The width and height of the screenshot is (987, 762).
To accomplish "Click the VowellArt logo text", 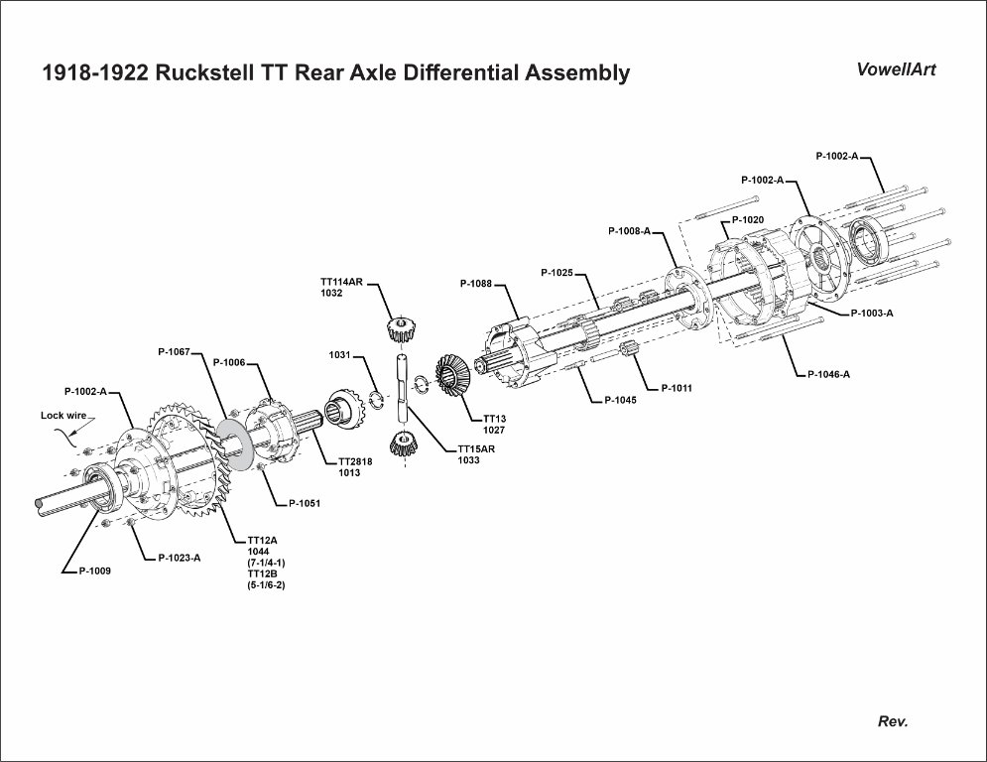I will click(896, 69).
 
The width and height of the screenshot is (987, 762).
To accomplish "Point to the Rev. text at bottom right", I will click(893, 721).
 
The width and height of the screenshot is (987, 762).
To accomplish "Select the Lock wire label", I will click(63, 416).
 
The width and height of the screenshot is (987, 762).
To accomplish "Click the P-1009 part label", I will click(88, 571).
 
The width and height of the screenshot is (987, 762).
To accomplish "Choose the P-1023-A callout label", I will click(180, 558).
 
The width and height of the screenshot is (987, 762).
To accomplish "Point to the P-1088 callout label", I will click(476, 284).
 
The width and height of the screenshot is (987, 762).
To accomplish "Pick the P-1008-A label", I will click(629, 231).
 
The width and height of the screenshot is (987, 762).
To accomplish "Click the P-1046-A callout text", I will click(830, 374).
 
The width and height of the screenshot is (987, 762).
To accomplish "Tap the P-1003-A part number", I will click(872, 313).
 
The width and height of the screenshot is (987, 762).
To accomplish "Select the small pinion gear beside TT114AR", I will click(400, 328).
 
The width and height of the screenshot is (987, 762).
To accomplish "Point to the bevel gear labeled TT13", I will click(453, 375).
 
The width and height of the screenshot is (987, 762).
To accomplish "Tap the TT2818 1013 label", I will click(355, 466).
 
